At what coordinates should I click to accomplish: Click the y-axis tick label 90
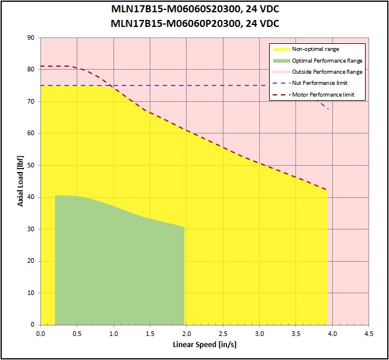pos(31,37)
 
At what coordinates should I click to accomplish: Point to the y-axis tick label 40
pos(31,197)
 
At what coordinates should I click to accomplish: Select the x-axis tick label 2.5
pos(223,334)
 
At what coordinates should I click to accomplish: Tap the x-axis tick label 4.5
pos(369,334)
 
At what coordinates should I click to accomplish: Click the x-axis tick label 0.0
pos(40,334)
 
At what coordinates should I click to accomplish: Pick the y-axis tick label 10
pos(31,293)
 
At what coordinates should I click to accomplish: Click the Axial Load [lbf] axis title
pos(20,181)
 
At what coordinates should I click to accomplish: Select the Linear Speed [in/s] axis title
pos(205,345)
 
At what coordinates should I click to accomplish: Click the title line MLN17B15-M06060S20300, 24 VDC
pos(195,9)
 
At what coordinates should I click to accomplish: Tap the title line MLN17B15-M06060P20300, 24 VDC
pos(195,23)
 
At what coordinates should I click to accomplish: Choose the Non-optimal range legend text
pos(315,49)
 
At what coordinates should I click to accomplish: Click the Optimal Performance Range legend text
pos(327,60)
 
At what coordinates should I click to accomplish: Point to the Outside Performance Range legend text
pos(327,72)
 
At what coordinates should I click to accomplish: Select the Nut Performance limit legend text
pos(319,83)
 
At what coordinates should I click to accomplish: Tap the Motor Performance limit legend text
pos(323,95)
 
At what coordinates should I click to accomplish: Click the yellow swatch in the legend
pos(281,49)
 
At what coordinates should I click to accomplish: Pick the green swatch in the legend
pos(281,61)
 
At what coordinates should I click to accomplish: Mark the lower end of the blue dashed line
pos(328,109)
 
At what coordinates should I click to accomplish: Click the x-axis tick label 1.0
pos(113,334)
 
